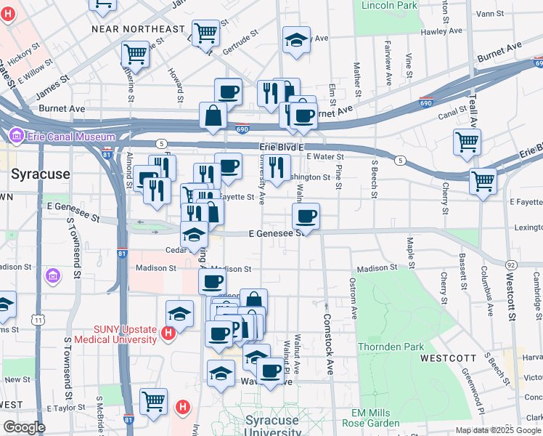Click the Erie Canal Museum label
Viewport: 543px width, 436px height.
pos(71,137)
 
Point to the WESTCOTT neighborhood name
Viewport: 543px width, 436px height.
pos(448,358)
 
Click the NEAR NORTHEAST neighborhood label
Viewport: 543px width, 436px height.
pos(139,29)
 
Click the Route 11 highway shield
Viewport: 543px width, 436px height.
pos(37,319)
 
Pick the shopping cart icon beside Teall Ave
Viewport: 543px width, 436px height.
pos(467,142)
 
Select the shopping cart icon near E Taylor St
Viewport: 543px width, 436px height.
pos(153,400)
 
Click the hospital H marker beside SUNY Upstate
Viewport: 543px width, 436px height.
pos(168,333)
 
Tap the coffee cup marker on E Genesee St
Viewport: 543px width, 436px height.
pos(306,215)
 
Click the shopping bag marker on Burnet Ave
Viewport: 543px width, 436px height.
pos(213,116)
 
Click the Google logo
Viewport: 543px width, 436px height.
pos(24,427)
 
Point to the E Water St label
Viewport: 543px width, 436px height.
pos(324,156)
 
